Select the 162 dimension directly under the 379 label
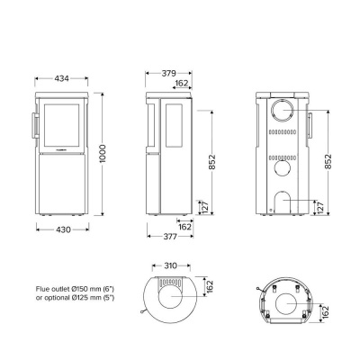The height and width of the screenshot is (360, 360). [x=181, y=83]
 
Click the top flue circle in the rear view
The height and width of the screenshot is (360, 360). [x=283, y=112]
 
